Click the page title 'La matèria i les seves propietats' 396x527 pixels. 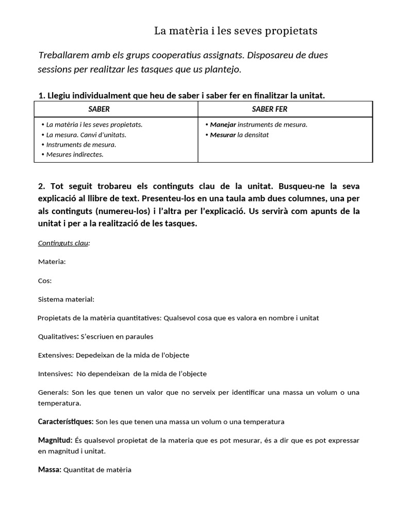point(236,31)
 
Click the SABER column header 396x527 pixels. point(99,109)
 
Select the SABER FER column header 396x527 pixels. point(270,109)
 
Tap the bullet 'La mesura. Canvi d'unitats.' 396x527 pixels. point(86,135)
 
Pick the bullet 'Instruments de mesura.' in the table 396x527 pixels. point(81,145)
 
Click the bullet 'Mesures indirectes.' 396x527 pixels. point(75,154)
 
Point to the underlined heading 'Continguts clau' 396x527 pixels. point(63,243)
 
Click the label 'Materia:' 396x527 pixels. point(52,261)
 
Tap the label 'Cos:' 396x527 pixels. point(45,280)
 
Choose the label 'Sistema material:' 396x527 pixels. point(66,299)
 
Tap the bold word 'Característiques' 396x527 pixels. point(65,421)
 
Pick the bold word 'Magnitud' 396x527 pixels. point(55,441)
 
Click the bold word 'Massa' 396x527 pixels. point(49,469)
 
